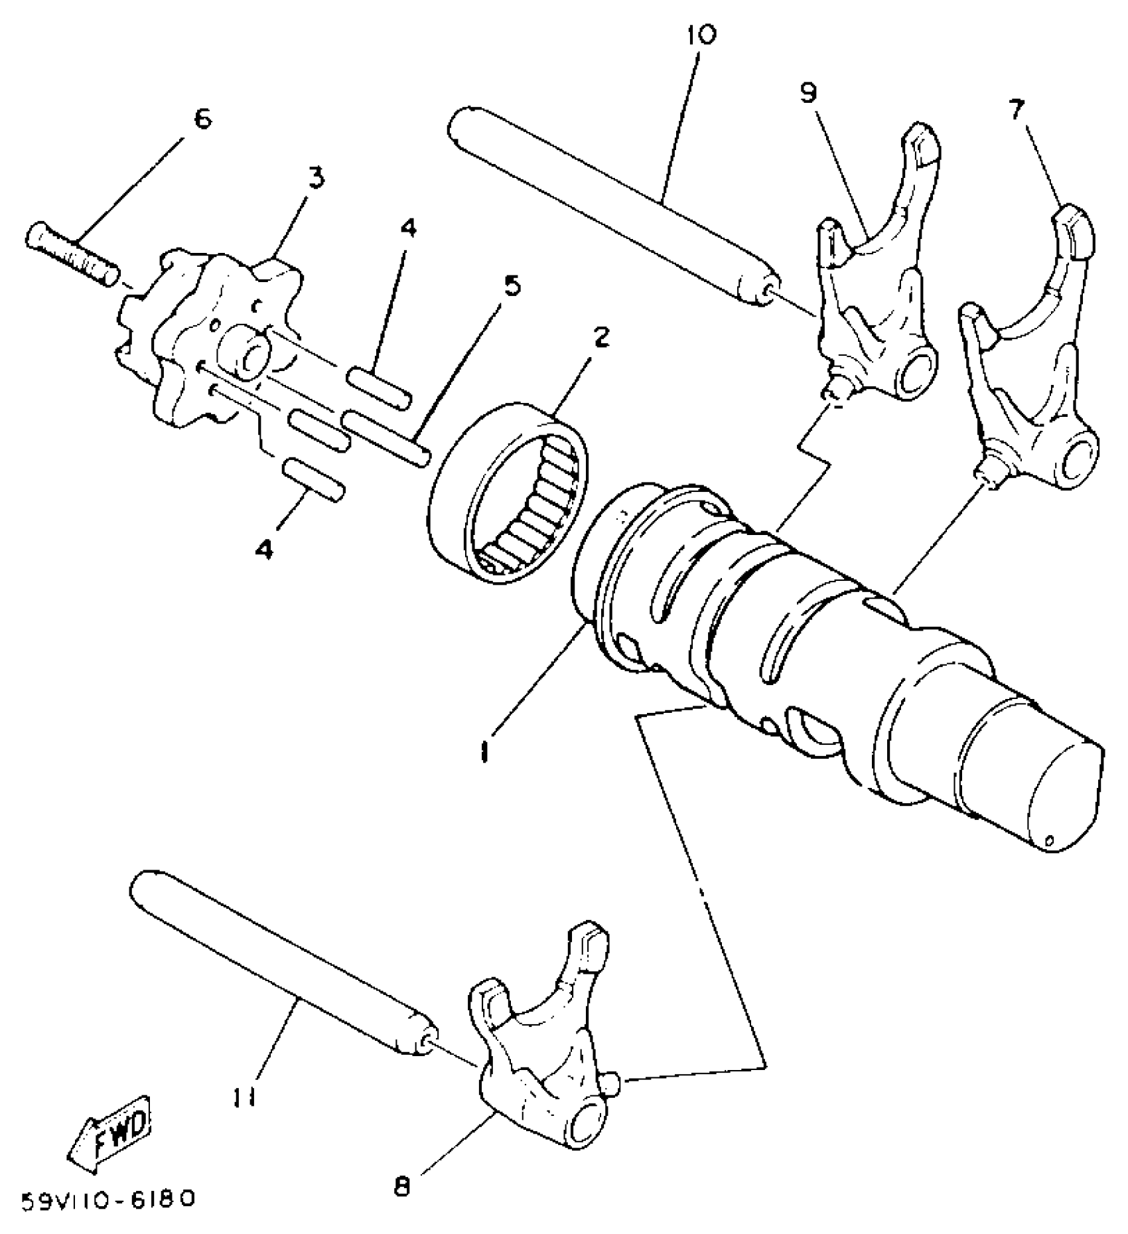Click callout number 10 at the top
coord(702,34)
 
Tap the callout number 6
coord(202,119)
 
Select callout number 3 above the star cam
coord(315,178)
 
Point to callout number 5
coord(511,285)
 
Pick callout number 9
coord(808,93)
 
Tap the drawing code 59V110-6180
coord(109,1199)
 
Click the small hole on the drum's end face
coord(1049,841)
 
